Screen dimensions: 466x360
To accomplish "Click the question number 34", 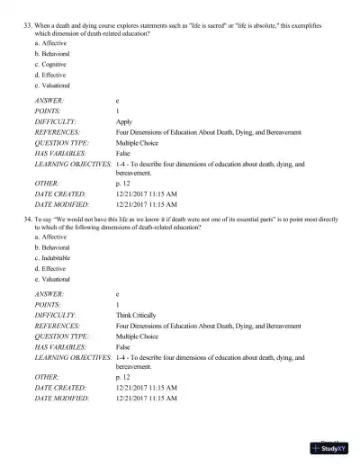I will pos(26,220).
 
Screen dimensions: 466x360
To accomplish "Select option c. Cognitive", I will pos(50,65).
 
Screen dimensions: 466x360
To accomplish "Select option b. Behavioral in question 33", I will pos(51,54).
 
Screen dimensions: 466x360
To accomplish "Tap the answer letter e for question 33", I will pos(118,100).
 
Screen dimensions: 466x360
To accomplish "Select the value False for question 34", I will pos(123,346).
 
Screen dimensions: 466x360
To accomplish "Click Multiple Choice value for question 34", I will pos(139,336).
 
